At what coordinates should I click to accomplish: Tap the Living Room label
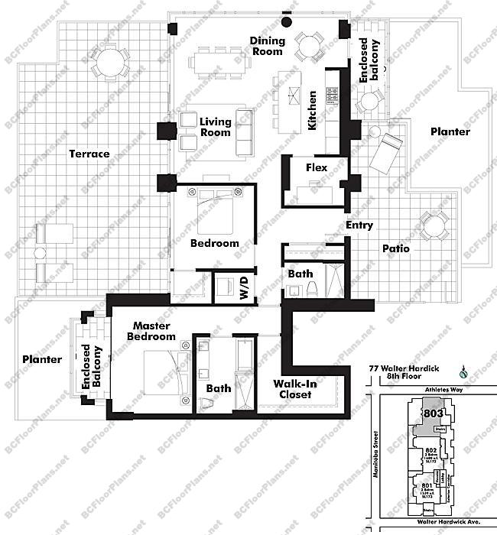(215, 127)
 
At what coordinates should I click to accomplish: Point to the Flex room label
(317, 167)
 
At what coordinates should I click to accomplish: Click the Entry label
(359, 225)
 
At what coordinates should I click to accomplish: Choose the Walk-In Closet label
(294, 389)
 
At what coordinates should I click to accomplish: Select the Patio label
(396, 248)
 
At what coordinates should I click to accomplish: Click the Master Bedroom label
(151, 331)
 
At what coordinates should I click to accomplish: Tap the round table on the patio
(434, 226)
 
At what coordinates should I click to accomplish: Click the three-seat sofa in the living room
(245, 132)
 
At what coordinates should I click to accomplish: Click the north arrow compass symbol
(463, 374)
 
